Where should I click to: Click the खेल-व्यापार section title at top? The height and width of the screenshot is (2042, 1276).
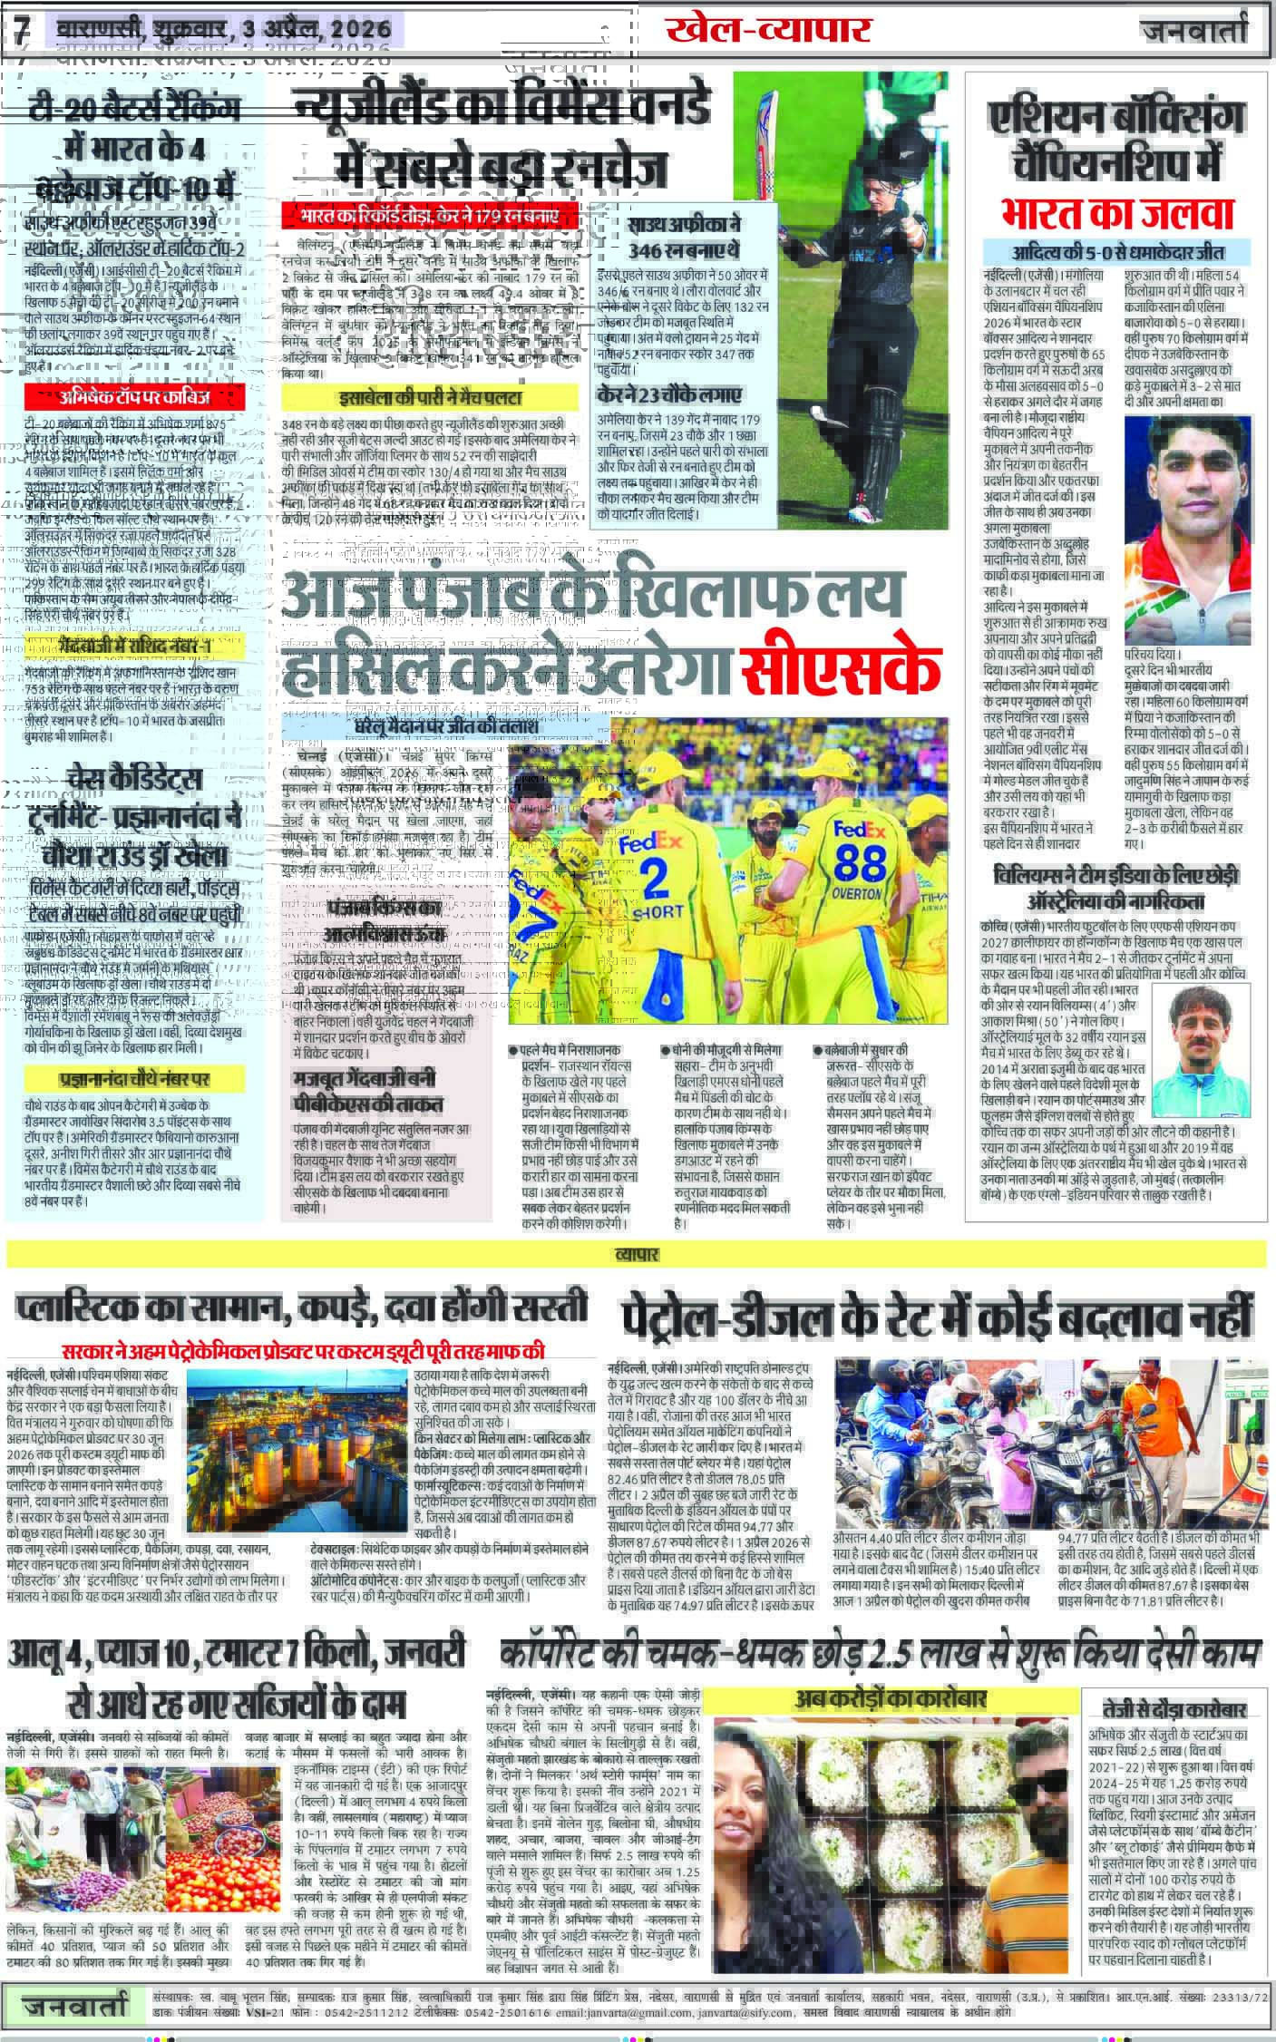click(767, 30)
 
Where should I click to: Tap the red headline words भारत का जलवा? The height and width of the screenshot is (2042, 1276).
click(1117, 212)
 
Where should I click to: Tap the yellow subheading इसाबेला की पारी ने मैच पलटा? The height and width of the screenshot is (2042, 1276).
click(429, 396)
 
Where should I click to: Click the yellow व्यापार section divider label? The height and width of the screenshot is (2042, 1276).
click(638, 1254)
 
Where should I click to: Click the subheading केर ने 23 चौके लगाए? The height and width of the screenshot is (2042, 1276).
click(670, 394)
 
